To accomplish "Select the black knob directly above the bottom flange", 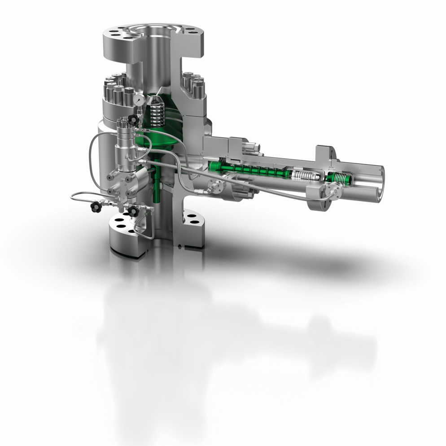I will click(132, 211).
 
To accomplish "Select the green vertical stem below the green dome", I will click(157, 184).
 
